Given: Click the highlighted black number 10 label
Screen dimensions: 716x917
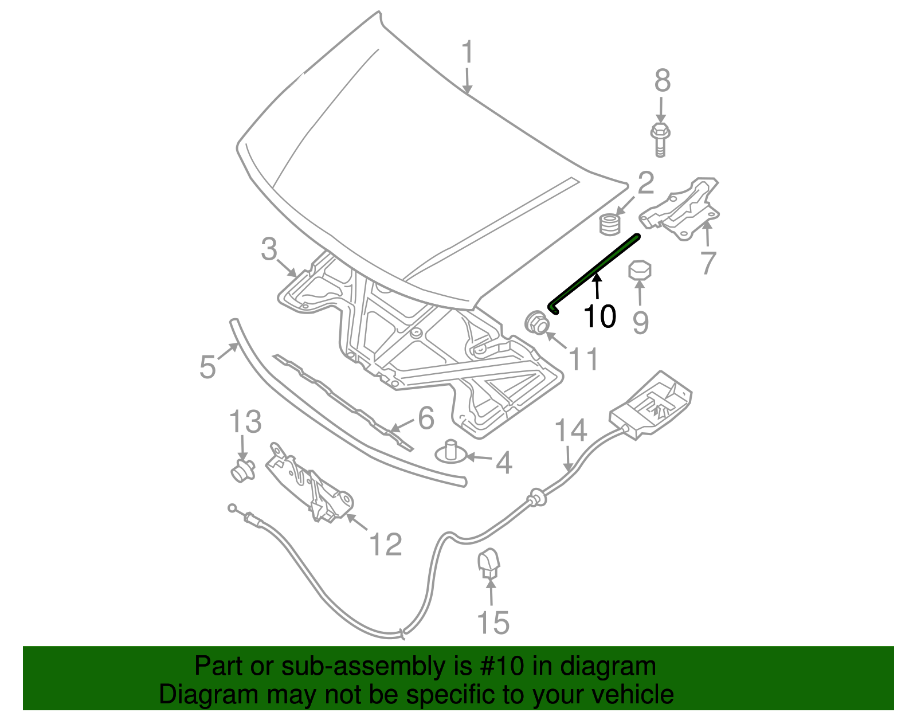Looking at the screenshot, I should click(599, 316).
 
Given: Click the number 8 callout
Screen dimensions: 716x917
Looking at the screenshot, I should click(663, 81).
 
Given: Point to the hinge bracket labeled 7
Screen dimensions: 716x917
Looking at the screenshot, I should click(682, 209).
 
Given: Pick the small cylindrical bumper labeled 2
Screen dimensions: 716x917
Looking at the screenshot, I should click(610, 224).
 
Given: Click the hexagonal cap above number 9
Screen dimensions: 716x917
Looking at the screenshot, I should click(640, 270).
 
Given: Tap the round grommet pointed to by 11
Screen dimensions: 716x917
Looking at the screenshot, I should click(536, 323).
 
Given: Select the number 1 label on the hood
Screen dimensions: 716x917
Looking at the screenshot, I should click(468, 53).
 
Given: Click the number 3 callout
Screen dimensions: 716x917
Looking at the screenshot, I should click(269, 250).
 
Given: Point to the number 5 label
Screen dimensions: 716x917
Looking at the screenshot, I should click(207, 366).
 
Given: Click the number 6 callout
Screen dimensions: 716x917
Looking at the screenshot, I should click(426, 418).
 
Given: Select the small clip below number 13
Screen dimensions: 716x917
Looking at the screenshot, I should click(242, 471).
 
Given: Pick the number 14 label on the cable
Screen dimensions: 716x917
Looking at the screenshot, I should click(571, 431).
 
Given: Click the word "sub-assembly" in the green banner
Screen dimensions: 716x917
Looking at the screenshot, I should click(363, 667).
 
